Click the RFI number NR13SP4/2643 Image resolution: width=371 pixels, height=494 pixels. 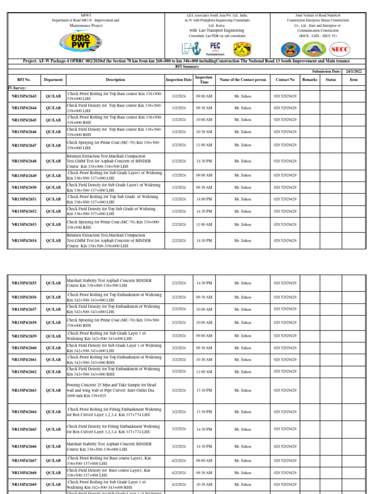pyautogui.click(x=24, y=96)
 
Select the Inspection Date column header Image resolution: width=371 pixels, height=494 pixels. pyautogui.click(x=178, y=80)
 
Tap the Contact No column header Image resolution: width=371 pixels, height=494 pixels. pyautogui.click(x=285, y=80)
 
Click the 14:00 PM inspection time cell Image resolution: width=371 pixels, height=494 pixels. pyautogui.click(x=204, y=199)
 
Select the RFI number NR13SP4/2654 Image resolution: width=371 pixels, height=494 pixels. pyautogui.click(x=24, y=240)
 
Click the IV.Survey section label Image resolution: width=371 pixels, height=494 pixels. pyautogui.click(x=17, y=88)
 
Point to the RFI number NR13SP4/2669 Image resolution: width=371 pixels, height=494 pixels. pyautogui.click(x=24, y=484)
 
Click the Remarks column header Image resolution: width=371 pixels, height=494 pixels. pyautogui.click(x=310, y=80)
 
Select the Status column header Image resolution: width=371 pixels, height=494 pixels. pyautogui.click(x=331, y=80)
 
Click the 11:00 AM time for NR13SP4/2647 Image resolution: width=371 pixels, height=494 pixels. pyautogui.click(x=204, y=145)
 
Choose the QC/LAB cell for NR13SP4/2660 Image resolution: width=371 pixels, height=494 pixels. pyautogui.click(x=53, y=348)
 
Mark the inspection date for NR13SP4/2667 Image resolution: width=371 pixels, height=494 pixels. pyautogui.click(x=178, y=461)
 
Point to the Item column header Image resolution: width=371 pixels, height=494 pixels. pyautogui.click(x=354, y=80)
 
